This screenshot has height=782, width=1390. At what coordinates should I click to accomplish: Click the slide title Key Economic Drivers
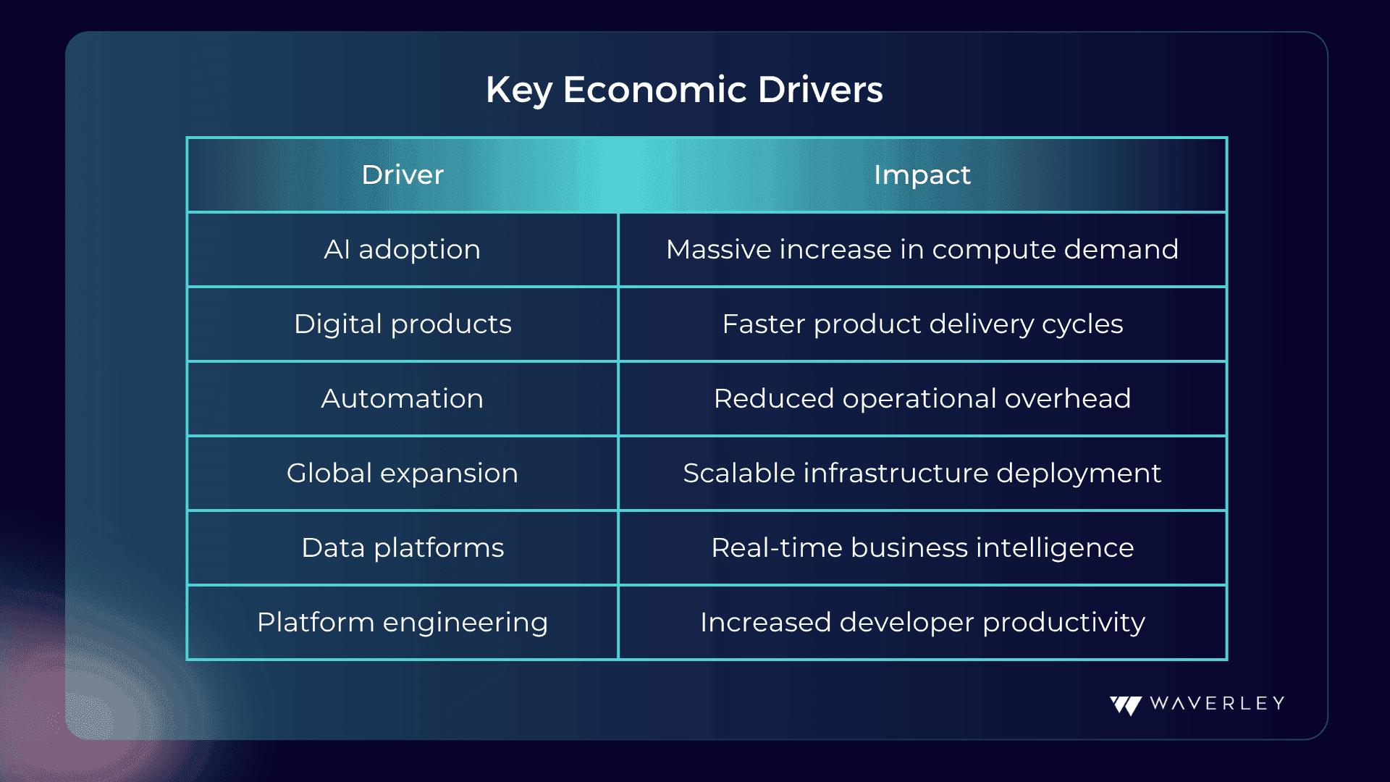[x=684, y=91]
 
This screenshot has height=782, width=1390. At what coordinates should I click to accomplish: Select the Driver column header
[x=403, y=175]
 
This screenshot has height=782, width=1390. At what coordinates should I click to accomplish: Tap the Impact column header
[x=922, y=175]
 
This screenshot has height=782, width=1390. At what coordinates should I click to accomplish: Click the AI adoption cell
[x=403, y=250]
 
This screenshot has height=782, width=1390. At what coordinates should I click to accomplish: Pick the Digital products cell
[x=403, y=324]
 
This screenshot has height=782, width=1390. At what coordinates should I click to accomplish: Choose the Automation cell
[x=403, y=399]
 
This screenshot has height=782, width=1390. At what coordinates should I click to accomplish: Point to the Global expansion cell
[x=403, y=474]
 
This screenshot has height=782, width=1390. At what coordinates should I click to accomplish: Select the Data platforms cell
[x=403, y=548]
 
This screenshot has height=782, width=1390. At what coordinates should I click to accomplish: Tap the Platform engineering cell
[x=403, y=623]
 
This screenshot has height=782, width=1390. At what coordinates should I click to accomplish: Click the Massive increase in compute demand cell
[x=922, y=250]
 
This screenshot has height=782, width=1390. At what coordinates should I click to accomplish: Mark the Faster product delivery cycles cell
[x=922, y=324]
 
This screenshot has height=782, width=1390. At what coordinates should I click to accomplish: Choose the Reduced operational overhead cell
[x=922, y=399]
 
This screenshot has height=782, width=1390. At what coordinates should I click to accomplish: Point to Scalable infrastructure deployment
[x=922, y=474]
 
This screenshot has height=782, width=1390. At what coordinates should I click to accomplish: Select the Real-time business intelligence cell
[x=922, y=548]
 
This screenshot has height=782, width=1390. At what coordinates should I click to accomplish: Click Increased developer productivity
[x=922, y=623]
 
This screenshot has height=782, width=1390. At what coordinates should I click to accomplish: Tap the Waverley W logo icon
[x=1126, y=705]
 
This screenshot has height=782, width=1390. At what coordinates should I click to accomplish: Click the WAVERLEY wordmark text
[x=1217, y=704]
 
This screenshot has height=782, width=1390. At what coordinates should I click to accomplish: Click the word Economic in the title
[x=655, y=91]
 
